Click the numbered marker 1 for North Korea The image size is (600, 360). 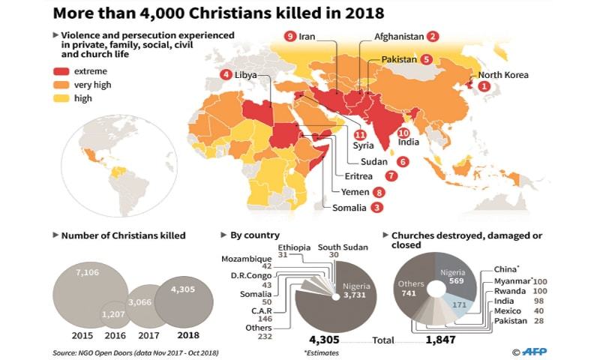[x=484, y=87]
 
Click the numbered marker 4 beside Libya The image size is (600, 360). [x=226, y=74]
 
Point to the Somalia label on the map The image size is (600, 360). [x=349, y=207]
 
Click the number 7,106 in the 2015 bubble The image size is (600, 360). [x=88, y=271]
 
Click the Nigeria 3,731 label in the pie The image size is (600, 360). [x=355, y=291]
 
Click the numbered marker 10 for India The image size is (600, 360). [x=403, y=133]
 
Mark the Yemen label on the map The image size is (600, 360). [x=355, y=192]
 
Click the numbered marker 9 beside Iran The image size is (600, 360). [x=289, y=36]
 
